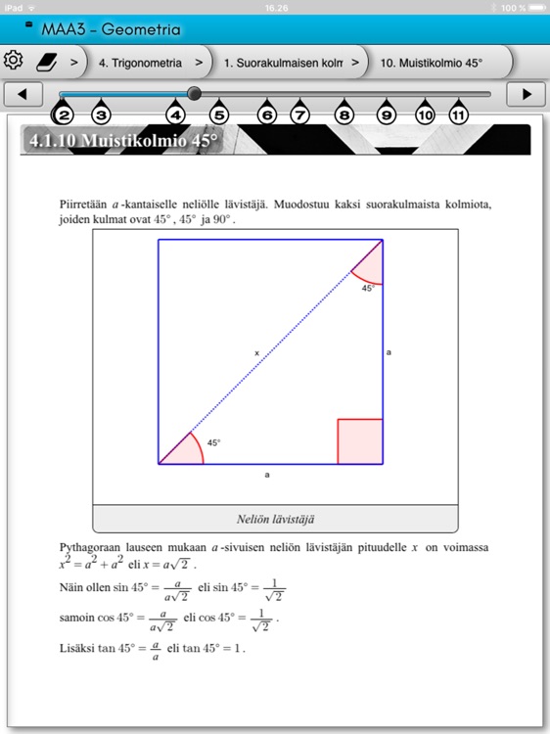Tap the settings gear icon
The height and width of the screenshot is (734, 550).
pos(14,61)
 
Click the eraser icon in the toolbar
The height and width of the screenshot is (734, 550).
pos(48,62)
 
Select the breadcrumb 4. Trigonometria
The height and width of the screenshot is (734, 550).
pos(140,63)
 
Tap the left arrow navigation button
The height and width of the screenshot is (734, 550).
pos(23,94)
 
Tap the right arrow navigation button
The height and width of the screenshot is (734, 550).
pos(527,94)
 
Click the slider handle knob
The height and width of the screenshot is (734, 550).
pos(194,94)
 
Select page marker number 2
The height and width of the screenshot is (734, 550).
pos(64,115)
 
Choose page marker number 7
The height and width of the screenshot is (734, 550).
pos(300,115)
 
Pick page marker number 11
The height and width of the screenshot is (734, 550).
pos(458,115)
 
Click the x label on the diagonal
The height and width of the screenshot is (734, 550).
pos(257,352)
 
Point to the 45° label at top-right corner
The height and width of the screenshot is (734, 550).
pos(368,288)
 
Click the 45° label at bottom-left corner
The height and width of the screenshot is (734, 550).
pos(213,442)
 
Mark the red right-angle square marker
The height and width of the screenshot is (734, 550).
pos(359,440)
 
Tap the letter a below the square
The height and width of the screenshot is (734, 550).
pos(267,475)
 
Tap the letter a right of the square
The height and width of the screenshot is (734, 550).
pos(390,350)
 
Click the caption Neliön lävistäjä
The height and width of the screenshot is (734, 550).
pos(274,519)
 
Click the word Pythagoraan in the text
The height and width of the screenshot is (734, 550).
pos(91,547)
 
